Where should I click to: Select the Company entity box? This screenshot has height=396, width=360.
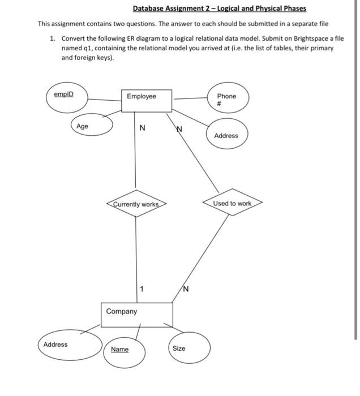coord(136,315)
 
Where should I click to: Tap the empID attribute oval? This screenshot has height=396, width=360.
coord(63,97)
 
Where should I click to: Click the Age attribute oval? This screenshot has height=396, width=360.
coord(91,127)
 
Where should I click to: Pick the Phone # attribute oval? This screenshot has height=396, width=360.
coord(226,100)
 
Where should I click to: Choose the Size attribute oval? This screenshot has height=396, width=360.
coord(178,348)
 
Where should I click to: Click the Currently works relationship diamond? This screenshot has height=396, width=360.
coord(136,204)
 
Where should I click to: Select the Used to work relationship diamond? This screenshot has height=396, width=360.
coord(232,203)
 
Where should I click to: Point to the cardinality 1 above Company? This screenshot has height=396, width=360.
coord(142,290)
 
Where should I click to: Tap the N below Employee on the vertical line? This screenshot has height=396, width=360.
coord(142,128)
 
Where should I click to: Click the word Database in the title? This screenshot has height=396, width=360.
coord(149,9)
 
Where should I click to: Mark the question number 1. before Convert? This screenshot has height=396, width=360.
coord(52,39)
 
